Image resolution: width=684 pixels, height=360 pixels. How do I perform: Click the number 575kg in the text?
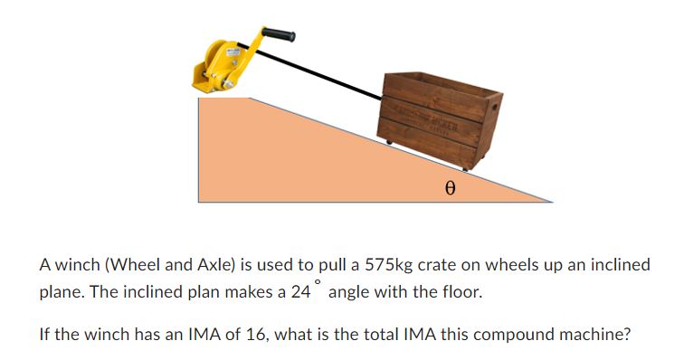click(390, 265)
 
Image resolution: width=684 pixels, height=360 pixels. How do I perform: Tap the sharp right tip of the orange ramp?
click(550, 201)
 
